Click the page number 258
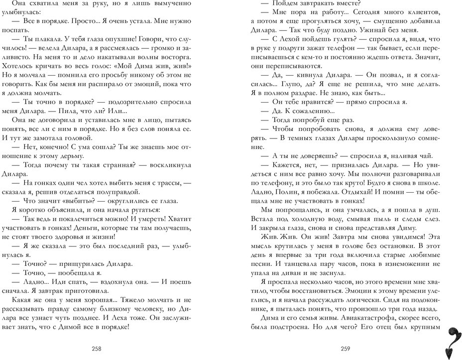click(104, 349)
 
